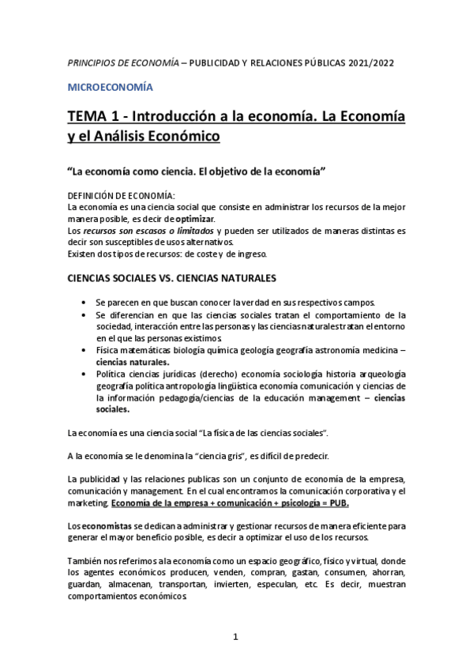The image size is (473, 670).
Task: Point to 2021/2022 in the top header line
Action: tap(370, 62)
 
